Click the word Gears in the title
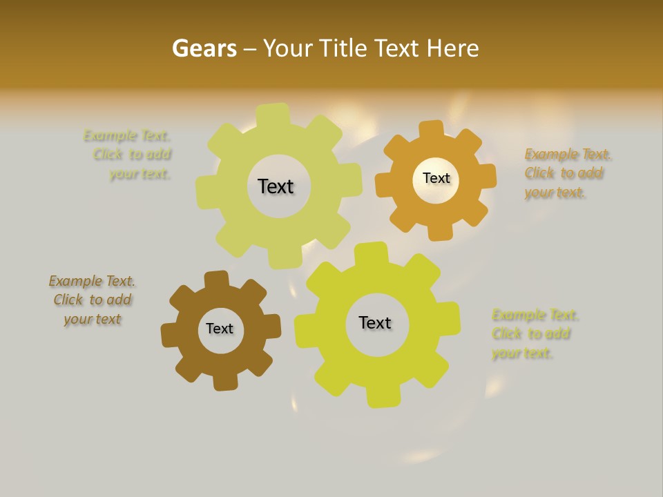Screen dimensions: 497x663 tap(204, 48)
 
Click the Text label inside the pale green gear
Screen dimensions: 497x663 tap(276, 186)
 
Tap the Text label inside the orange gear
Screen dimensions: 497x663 tap(436, 178)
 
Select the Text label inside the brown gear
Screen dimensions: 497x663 tap(220, 329)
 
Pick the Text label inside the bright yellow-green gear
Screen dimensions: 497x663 tap(375, 322)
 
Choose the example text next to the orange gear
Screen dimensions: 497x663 tap(566, 173)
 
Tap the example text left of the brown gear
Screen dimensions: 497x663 tap(93, 300)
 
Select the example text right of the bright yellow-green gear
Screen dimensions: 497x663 tap(534, 334)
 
